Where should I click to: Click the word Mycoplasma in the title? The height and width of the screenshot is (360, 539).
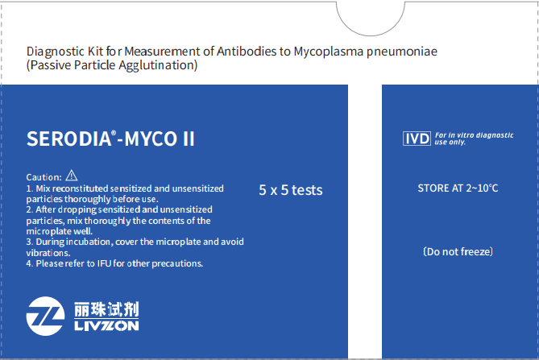point(328,52)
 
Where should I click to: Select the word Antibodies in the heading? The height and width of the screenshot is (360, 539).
point(247,52)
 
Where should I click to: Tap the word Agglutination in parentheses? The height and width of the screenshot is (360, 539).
point(158,65)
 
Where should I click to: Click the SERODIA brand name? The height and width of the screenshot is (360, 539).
point(68,139)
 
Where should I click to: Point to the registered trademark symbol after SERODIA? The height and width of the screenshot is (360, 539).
point(114,133)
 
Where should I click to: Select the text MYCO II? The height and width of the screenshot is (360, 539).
point(160,139)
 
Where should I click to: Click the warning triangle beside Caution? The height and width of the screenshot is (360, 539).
point(72,176)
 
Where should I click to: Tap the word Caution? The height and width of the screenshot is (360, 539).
point(44,177)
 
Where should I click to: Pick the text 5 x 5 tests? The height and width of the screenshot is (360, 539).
point(291,190)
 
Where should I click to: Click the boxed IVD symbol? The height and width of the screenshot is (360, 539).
point(417,139)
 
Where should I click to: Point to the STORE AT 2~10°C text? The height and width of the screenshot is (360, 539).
point(458,188)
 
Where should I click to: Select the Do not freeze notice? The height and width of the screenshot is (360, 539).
point(458,252)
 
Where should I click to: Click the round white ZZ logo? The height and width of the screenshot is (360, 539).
point(45,316)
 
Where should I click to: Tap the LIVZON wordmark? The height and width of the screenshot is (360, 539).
point(106,326)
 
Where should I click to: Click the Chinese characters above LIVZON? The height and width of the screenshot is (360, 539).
point(106,309)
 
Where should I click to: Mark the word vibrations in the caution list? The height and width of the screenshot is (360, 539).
point(48,253)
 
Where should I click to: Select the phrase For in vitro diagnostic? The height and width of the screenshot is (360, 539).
point(475,135)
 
